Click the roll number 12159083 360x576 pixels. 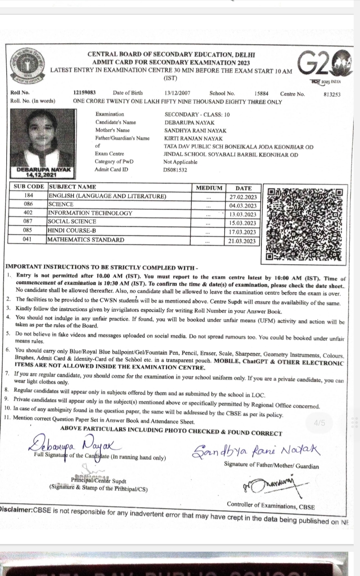[85, 94]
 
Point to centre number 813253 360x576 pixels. [332, 94]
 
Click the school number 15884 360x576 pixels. [261, 94]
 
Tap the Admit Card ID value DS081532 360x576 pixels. [175, 170]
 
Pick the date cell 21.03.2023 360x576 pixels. [243, 241]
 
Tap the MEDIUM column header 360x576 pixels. [209, 188]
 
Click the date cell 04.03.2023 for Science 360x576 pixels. [243, 205]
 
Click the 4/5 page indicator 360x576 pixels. [319, 423]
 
